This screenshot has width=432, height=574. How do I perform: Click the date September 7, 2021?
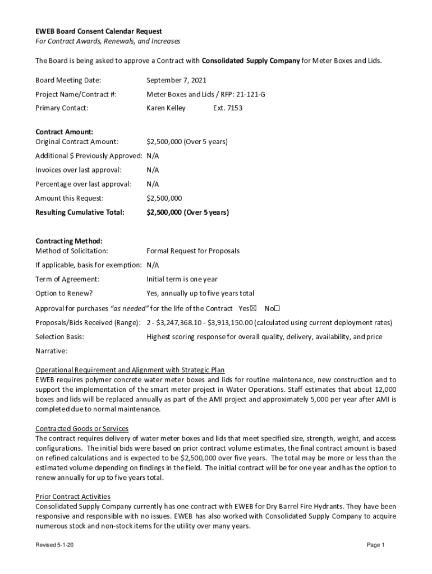pyautogui.click(x=176, y=81)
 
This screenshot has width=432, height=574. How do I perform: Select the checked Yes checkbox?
pyautogui.click(x=253, y=308)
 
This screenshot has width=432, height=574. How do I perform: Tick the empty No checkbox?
pyautogui.click(x=277, y=308)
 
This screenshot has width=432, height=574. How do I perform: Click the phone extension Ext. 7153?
pyautogui.click(x=228, y=108)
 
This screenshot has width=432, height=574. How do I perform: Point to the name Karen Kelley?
pyautogui.click(x=166, y=108)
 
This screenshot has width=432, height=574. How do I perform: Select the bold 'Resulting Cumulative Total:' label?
pyautogui.click(x=80, y=212)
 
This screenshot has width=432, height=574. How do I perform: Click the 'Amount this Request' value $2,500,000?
pyautogui.click(x=164, y=198)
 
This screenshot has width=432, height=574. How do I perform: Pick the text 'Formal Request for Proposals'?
pyautogui.click(x=193, y=251)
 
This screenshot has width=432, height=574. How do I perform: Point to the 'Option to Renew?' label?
pyautogui.click(x=64, y=293)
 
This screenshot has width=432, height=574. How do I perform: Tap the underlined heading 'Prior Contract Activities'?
pyautogui.click(x=73, y=497)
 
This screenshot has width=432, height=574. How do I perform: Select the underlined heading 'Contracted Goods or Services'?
pyautogui.click(x=82, y=429)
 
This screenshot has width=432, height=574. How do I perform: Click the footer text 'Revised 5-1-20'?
pyautogui.click(x=54, y=545)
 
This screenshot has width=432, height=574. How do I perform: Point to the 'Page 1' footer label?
pyautogui.click(x=375, y=545)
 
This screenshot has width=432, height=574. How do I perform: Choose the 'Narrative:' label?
pyautogui.click(x=52, y=351)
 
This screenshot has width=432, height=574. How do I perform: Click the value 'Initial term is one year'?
pyautogui.click(x=182, y=279)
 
